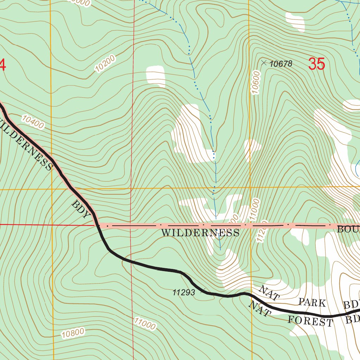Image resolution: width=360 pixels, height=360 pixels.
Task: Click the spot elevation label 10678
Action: pyautogui.click(x=281, y=64)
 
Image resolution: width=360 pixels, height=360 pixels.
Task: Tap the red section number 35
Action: pyautogui.click(x=316, y=64)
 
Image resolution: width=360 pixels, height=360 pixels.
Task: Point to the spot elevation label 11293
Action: pyautogui.click(x=184, y=292)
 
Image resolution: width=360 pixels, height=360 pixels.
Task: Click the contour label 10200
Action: pyautogui.click(x=105, y=64)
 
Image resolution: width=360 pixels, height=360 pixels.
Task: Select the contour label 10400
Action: pyautogui.click(x=33, y=122)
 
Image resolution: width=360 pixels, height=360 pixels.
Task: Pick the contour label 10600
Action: pyautogui.click(x=256, y=83)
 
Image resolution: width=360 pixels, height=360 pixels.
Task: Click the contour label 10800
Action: pyautogui.click(x=73, y=333)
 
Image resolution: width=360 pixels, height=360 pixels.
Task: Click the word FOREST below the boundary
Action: pyautogui.click(x=310, y=320)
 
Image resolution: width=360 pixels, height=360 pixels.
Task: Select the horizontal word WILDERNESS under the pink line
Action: pyautogui.click(x=200, y=233)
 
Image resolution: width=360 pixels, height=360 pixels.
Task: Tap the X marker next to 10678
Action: pyautogui.click(x=264, y=63)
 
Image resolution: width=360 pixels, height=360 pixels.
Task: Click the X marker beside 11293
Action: pyautogui.click(x=203, y=290)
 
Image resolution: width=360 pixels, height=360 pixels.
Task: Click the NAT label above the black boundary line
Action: pyautogui.click(x=269, y=292)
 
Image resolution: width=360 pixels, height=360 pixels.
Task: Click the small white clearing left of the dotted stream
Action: pyautogui.click(x=155, y=76)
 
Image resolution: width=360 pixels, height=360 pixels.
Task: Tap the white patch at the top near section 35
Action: pyautogui.click(x=295, y=22)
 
